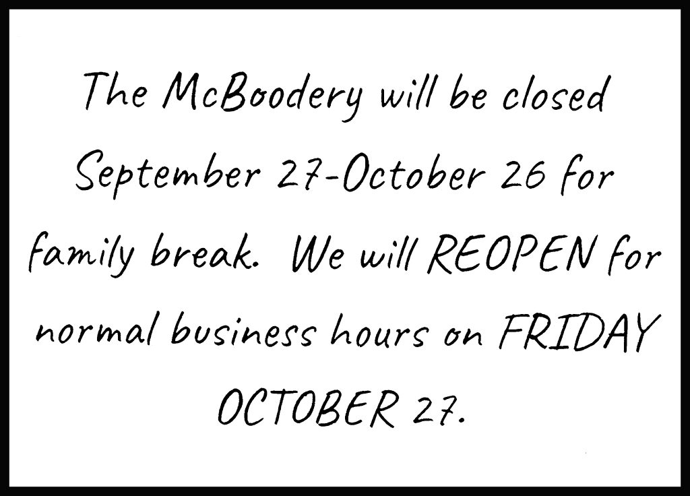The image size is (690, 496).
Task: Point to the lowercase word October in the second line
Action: pyautogui.click(x=420, y=174)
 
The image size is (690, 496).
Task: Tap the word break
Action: pyautogui.click(x=203, y=254)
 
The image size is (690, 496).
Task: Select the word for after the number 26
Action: pyautogui.click(x=586, y=176)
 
